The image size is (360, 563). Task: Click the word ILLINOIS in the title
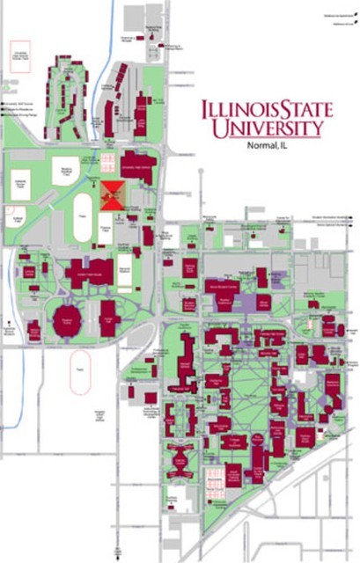[239, 112]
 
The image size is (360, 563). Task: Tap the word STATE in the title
[303, 112]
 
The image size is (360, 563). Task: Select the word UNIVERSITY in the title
[267, 129]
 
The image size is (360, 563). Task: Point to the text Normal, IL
[268, 146]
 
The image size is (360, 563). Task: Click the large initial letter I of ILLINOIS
[207, 112]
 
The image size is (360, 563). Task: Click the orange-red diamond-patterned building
[112, 193]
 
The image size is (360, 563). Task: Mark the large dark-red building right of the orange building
[139, 169]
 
